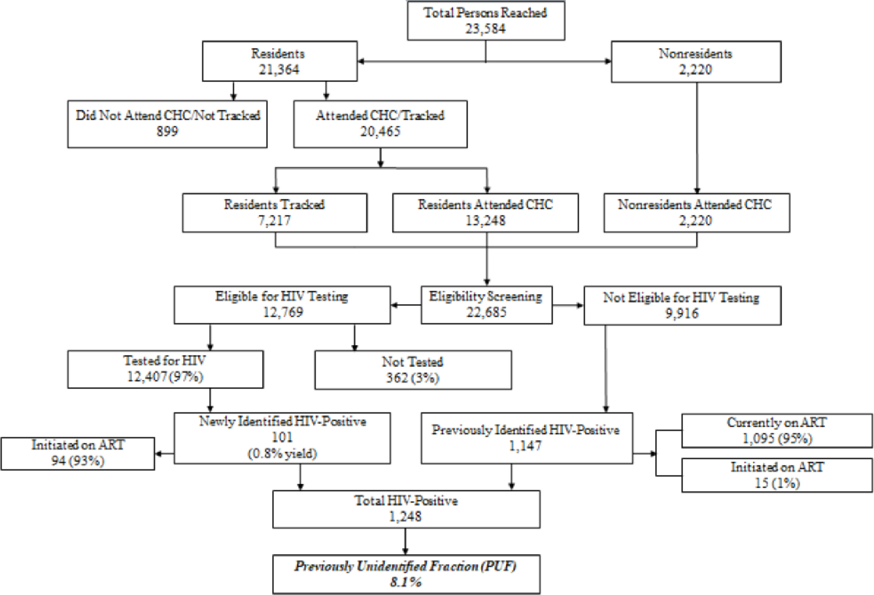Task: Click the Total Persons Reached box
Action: pyautogui.click(x=486, y=21)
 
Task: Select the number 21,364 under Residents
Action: pyautogui.click(x=279, y=70)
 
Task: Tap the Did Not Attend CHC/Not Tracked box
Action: pyautogui.click(x=168, y=124)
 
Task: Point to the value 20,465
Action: pyautogui.click(x=380, y=132)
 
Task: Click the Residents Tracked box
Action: pyautogui.click(x=274, y=213)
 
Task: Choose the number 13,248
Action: pyautogui.click(x=485, y=221)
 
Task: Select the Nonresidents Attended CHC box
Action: pyautogui.click(x=696, y=213)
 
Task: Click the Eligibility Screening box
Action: pyautogui.click(x=486, y=304)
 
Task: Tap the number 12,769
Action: pyautogui.click(x=283, y=312)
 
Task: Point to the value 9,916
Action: pyautogui.click(x=682, y=314)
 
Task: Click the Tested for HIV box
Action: pyautogui.click(x=165, y=369)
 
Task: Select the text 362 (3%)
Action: pyautogui.click(x=413, y=378)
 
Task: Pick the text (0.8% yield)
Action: pyautogui.click(x=282, y=454)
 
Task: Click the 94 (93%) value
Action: pyautogui.click(x=78, y=461)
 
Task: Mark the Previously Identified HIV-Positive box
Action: pyautogui.click(x=526, y=438)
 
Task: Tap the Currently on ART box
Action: pyautogui.click(x=777, y=430)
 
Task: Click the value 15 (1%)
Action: pyautogui.click(x=777, y=483)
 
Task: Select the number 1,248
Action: pyautogui.click(x=405, y=516)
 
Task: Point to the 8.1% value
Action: pyautogui.click(x=406, y=582)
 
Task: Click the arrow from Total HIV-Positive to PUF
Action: pyautogui.click(x=405, y=541)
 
